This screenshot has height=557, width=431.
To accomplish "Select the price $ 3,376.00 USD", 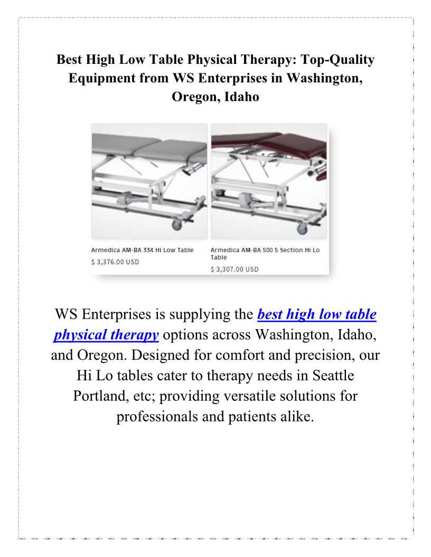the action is [x=115, y=262].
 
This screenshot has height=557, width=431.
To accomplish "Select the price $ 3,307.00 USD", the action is [x=235, y=269].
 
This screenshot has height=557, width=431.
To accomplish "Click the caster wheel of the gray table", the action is [x=177, y=225].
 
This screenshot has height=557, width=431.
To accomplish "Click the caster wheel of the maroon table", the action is [x=302, y=228].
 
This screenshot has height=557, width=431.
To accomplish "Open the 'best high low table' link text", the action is [x=317, y=314].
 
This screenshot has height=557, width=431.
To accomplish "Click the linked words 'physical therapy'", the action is [x=106, y=335].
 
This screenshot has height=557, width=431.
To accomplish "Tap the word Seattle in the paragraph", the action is [x=333, y=376].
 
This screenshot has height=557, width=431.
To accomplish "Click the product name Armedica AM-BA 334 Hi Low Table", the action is [x=142, y=250].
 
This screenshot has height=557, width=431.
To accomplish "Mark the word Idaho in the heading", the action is [x=242, y=97].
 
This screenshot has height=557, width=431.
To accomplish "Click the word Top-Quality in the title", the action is [x=338, y=60].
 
